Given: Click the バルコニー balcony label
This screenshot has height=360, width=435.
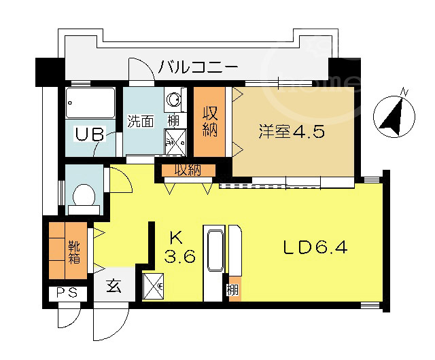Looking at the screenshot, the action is (198, 67).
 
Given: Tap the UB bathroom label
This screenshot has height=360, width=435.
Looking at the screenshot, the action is (90, 134).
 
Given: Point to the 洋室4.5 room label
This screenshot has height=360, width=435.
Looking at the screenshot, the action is (292, 132).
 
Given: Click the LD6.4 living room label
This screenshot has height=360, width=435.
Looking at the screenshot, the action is (315, 247).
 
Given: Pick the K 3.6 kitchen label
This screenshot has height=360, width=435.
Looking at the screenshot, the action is (179, 247).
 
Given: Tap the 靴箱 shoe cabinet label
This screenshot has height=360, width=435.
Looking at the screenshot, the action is (75, 253).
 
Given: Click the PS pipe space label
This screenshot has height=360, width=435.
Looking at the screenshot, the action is (67, 293).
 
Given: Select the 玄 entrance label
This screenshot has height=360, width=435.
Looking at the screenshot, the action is (114, 286).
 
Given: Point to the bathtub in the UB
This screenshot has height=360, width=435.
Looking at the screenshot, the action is (90, 103).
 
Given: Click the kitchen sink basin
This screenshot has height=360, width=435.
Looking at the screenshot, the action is (215, 251).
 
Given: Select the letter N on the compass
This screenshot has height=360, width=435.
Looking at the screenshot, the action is (405, 92).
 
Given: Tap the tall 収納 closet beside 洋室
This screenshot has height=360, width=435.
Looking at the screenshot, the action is (209, 122).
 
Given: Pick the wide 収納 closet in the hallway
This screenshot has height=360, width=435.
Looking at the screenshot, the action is (189, 170).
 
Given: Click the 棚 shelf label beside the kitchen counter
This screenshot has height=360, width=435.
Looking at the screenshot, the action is (232, 291).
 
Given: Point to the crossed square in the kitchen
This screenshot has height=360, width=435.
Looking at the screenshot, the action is (153, 286).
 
